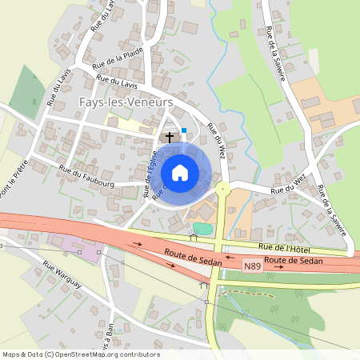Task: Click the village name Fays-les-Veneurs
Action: [x=126, y=102]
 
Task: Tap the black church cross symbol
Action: [x=170, y=137]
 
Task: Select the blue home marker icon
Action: [x=180, y=172]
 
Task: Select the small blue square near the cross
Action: [x=184, y=130]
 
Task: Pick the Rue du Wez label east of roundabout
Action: [x=288, y=190]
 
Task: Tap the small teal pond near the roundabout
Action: [x=203, y=229]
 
